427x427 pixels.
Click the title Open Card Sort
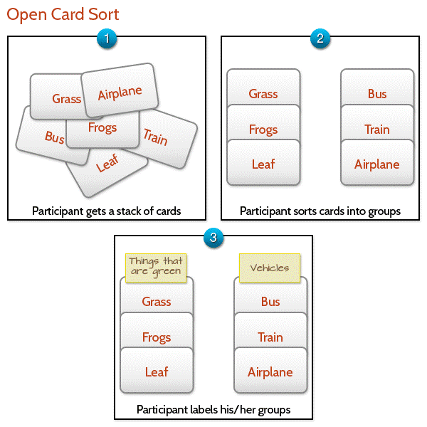coord(63,14)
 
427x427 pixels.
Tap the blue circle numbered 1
coord(106,40)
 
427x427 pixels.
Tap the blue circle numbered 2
coord(320,40)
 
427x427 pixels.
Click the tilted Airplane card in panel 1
coord(120,92)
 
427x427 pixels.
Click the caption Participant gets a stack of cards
coord(107,211)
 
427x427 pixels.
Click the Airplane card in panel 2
coord(377,164)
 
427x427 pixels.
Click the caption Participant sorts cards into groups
coord(320,211)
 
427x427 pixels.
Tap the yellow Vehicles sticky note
coord(269,268)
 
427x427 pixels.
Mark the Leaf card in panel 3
coord(157,371)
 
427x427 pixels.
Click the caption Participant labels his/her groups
coord(213,410)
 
